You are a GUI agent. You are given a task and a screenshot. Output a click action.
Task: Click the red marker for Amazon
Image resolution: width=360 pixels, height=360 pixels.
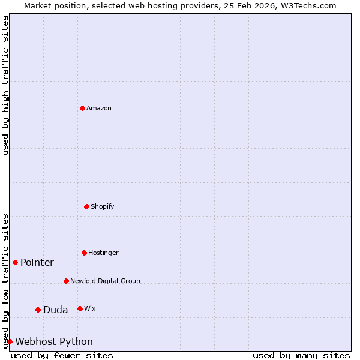tap(82, 108)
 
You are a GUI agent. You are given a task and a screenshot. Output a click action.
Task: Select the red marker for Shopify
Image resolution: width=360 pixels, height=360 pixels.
tap(86, 206)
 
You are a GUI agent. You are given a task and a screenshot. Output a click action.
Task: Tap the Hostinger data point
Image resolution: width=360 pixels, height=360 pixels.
tap(84, 253)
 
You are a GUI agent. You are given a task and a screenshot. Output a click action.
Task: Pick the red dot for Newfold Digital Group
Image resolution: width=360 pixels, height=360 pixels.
tap(66, 281)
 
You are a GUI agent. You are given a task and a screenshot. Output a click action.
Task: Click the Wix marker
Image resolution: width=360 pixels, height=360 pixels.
tap(80, 308)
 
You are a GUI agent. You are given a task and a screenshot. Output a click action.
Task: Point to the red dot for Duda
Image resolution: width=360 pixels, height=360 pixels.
tap(38, 310)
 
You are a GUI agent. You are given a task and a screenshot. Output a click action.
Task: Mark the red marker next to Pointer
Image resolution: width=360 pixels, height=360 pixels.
tap(15, 262)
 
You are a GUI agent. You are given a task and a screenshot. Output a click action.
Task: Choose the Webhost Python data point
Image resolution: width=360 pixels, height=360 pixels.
tap(10, 341)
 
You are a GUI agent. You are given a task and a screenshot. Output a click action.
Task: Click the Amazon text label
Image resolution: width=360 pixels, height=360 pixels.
tap(99, 109)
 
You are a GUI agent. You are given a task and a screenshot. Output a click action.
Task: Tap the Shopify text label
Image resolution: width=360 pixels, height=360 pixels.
tap(103, 207)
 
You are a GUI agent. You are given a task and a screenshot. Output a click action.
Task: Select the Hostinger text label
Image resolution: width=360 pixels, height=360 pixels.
tap(103, 253)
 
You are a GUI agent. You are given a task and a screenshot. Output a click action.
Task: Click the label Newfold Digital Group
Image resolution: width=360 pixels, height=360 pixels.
tap(105, 281)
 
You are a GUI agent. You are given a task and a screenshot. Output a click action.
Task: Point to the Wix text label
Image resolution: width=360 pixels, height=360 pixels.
tap(90, 309)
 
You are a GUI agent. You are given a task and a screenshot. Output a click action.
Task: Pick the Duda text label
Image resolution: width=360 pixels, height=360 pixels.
tap(55, 310)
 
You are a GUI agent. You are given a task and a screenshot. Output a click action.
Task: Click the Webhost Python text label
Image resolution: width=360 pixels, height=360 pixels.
tap(54, 342)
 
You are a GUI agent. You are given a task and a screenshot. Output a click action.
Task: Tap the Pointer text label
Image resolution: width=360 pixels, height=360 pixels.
tap(37, 263)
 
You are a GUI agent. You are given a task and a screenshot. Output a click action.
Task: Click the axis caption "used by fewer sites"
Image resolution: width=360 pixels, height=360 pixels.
tap(62, 355)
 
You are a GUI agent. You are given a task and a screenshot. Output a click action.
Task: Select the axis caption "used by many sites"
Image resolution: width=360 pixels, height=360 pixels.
tap(301, 355)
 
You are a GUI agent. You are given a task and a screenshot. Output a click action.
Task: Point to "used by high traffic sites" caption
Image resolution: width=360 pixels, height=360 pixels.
tap(5, 85)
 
